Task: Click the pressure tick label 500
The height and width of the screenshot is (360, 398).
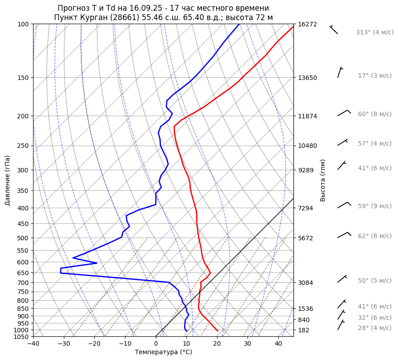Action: tap(23, 238)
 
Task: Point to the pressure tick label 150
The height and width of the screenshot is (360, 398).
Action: tap(23, 78)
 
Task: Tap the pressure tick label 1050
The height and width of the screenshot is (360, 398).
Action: tap(21, 337)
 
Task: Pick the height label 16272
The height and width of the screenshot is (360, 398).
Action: tap(307, 24)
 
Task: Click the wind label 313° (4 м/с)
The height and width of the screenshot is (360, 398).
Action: tap(375, 33)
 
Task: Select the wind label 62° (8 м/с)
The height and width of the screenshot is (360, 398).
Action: tap(375, 236)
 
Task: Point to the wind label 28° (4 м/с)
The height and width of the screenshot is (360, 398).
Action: tap(375, 328)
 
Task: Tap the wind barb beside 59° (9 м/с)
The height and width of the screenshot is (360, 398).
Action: tap(344, 205)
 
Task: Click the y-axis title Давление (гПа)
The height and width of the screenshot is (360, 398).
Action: tap(8, 180)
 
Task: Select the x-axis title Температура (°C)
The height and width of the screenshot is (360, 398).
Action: tap(163, 352)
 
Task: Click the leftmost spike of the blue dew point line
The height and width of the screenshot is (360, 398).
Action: tap(60, 270)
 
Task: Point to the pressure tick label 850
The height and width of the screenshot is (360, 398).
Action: tap(23, 309)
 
